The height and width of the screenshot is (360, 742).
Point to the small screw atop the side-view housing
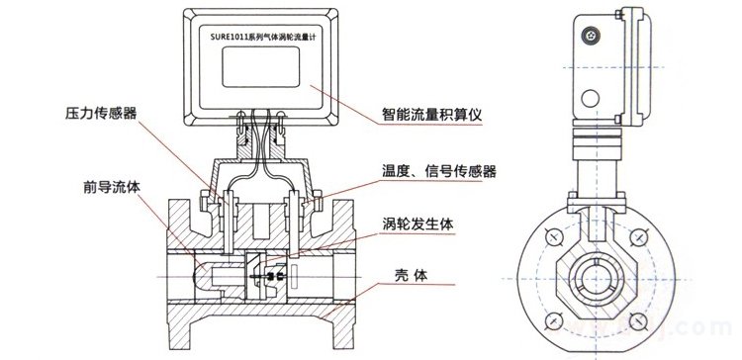click(x=593, y=30)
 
